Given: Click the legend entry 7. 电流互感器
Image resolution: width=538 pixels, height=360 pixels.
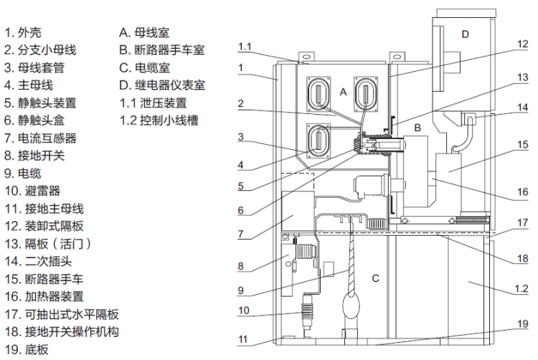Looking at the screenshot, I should click(41, 138).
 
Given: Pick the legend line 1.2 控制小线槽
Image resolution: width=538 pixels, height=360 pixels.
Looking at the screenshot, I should click(158, 120).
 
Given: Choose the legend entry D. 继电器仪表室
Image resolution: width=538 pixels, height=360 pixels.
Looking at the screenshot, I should click(162, 85).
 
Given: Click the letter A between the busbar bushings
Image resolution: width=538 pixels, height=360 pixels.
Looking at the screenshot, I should click(342, 91).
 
